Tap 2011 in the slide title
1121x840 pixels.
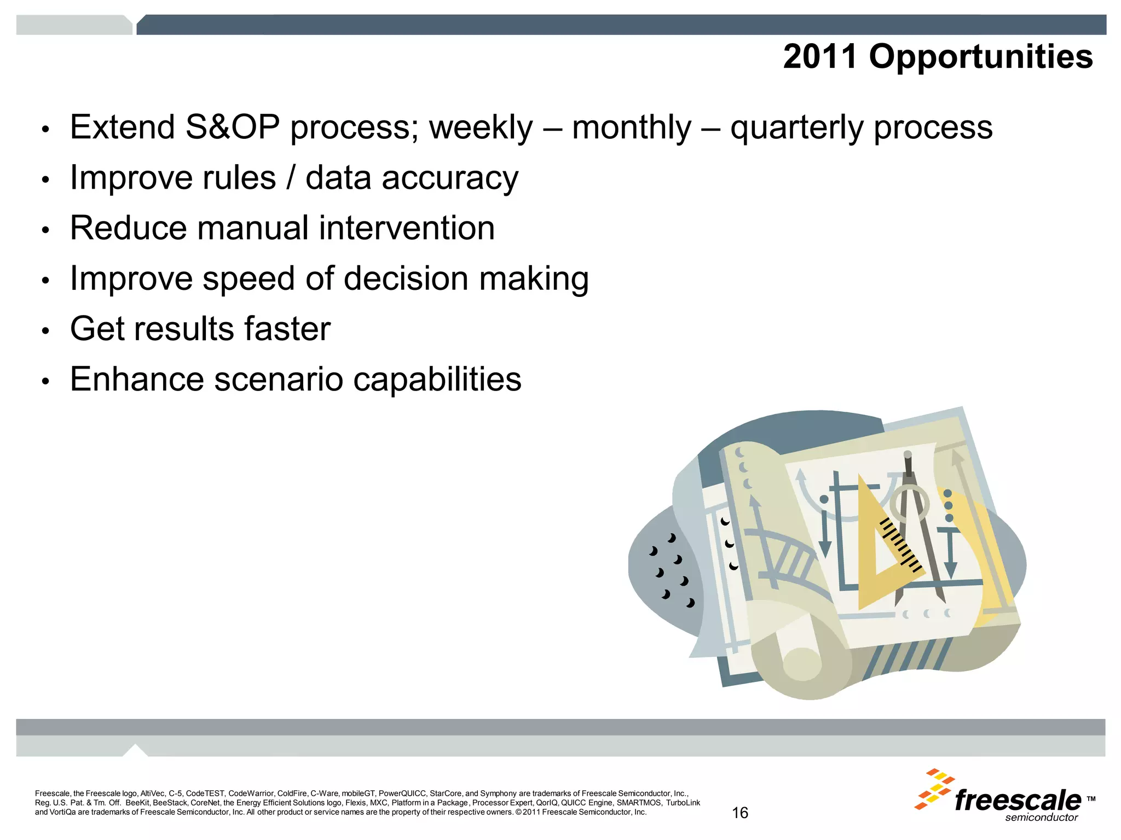[820, 56]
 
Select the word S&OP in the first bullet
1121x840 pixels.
[232, 127]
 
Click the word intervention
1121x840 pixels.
[407, 228]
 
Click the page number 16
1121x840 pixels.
[740, 813]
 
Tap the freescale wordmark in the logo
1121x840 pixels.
[1018, 801]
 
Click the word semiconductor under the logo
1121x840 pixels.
[1042, 818]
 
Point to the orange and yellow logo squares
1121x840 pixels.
[935, 789]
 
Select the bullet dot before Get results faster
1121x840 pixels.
[46, 331]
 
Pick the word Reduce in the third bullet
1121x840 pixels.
[129, 228]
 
